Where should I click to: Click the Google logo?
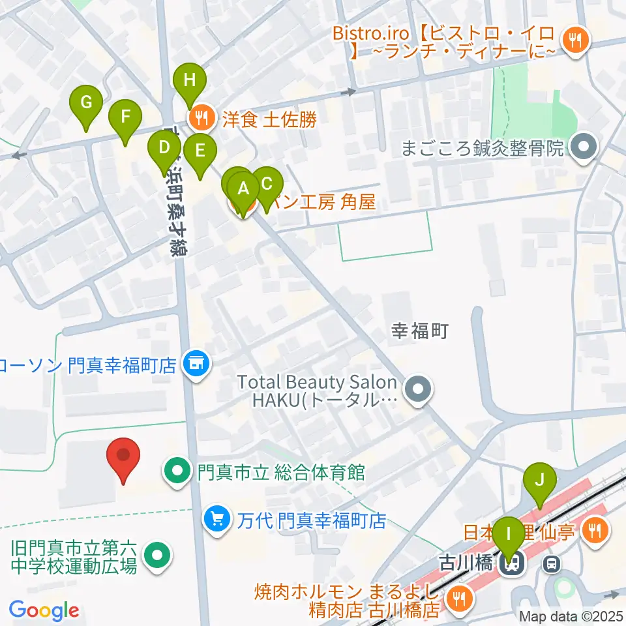pos(44,610)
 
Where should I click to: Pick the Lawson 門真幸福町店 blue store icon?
pos(194,362)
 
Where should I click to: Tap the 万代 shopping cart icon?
pos(216,518)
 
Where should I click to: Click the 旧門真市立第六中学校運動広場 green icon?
pos(157,556)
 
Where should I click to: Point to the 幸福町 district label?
pos(419,332)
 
